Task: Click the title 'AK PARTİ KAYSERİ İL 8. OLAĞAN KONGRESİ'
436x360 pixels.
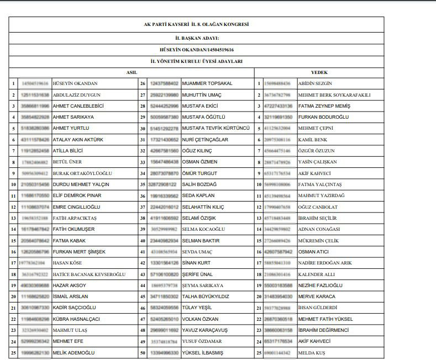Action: (x=196, y=25)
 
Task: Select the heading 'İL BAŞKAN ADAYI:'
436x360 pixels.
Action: (x=196, y=38)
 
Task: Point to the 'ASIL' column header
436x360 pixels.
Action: (x=132, y=72)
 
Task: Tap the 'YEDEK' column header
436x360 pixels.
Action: (x=319, y=72)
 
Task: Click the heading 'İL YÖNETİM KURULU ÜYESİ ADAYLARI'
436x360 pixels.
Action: (x=196, y=61)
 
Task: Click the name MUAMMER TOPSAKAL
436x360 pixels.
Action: (x=207, y=83)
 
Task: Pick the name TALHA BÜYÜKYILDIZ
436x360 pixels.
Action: (x=206, y=297)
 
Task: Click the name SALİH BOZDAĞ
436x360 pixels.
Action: (x=199, y=184)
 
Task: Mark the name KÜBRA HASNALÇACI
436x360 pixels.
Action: (x=77, y=319)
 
